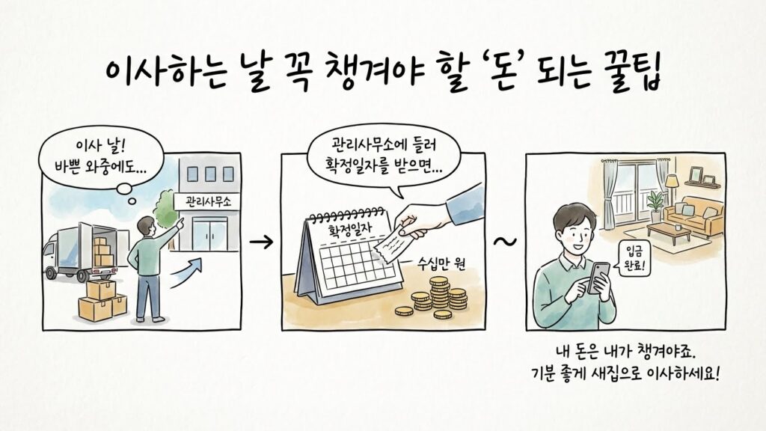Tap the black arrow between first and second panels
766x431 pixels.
pyautogui.click(x=260, y=242)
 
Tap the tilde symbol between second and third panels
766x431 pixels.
pyautogui.click(x=506, y=242)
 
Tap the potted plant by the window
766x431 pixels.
pyautogui.click(x=655, y=204)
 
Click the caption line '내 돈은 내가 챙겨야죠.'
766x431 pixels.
pyautogui.click(x=627, y=350)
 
